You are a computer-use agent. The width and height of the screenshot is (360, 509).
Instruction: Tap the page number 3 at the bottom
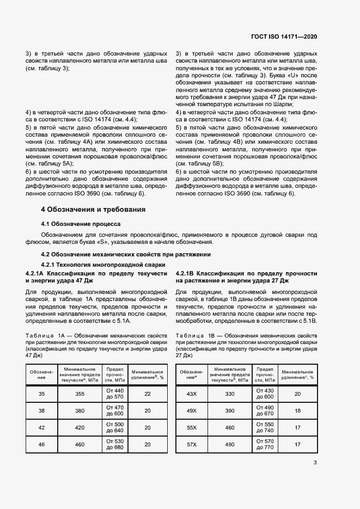click(x=315, y=463)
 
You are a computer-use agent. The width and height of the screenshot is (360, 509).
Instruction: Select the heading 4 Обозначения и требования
click(x=93, y=209)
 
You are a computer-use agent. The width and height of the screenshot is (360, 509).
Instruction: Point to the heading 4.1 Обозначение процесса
click(x=81, y=224)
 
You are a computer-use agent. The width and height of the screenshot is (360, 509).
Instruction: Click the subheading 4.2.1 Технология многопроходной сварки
click(x=93, y=264)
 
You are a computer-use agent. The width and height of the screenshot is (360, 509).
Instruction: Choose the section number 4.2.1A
click(x=35, y=273)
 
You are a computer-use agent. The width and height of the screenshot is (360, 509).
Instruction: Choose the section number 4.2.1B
click(x=185, y=273)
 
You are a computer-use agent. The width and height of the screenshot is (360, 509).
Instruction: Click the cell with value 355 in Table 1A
click(x=80, y=394)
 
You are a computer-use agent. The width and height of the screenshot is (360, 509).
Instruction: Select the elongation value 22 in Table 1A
click(x=147, y=394)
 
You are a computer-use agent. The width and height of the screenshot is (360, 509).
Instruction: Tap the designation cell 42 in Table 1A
click(x=42, y=428)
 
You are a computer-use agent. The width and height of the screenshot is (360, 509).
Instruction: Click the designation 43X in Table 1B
click(x=191, y=394)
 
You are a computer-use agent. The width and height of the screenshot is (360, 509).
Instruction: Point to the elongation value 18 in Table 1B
click(x=297, y=411)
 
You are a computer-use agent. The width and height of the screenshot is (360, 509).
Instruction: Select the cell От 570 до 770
click(x=265, y=444)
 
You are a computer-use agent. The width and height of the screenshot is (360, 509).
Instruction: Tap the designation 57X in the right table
click(x=191, y=445)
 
